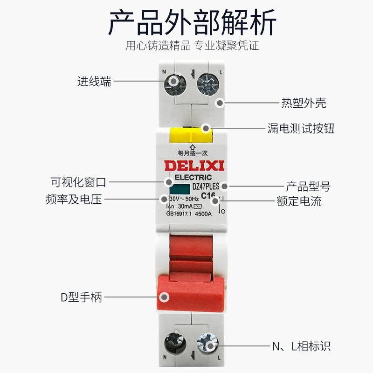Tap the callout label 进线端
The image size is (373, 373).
[94, 81]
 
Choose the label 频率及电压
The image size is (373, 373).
[74, 200]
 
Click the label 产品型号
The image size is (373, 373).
[308, 187]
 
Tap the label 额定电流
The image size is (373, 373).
[299, 201]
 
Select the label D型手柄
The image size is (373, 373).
[81, 297]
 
